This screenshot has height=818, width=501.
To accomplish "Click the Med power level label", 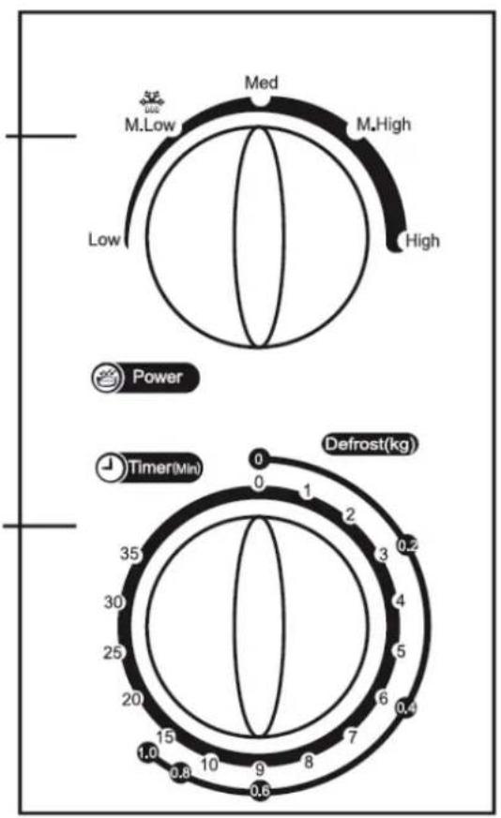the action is [x=262, y=82].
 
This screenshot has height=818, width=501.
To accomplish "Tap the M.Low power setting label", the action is [x=150, y=126].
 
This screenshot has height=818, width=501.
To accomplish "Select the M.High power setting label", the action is [x=384, y=125].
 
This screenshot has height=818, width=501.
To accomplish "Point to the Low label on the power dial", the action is [x=104, y=240].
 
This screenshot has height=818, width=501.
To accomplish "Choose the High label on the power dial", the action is [x=422, y=241].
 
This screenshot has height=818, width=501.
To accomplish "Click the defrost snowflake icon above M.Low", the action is [x=151, y=102].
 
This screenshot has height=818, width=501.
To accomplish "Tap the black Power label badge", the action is [x=145, y=378].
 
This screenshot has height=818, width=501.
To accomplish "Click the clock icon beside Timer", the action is [x=110, y=467].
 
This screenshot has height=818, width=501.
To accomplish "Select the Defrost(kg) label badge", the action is [x=371, y=444].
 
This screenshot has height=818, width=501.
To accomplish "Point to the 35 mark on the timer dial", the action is [x=129, y=553].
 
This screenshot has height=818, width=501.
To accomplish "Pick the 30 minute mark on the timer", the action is [x=114, y=602].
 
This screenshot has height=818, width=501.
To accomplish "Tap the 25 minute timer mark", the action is [x=113, y=652].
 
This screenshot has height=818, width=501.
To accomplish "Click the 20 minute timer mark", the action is [x=131, y=699].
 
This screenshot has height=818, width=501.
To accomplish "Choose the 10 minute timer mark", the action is [x=209, y=765].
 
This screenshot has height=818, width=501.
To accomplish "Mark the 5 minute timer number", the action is [x=401, y=651].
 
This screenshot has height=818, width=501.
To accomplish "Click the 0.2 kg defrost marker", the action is [x=407, y=545].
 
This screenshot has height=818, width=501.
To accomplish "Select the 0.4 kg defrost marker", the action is [x=406, y=707].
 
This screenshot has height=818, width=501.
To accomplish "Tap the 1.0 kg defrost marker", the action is [x=148, y=752].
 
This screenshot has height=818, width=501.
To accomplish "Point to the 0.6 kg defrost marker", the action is [x=260, y=790].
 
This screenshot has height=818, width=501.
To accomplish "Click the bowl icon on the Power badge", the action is [x=108, y=378].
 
